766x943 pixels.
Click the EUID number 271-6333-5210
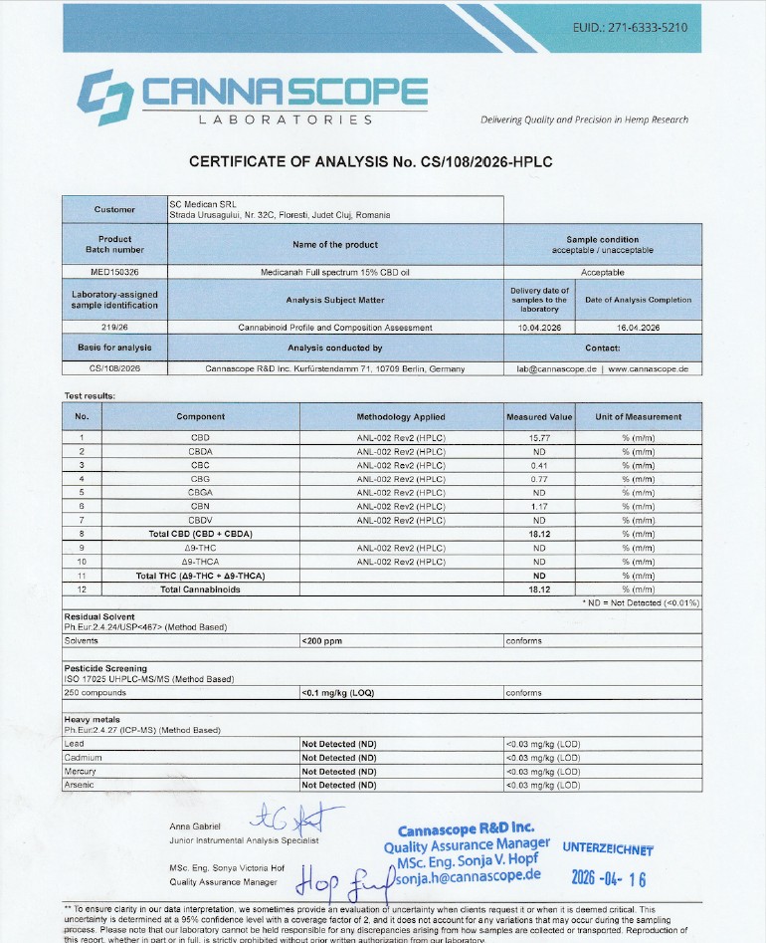tap(631, 28)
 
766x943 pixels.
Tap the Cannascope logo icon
tap(104, 97)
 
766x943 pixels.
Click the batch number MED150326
tap(114, 272)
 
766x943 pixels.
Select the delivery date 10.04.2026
tap(540, 327)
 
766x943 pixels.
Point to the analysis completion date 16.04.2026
tap(638, 327)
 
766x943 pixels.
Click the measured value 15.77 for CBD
tap(539, 437)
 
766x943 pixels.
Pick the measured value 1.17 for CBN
tap(539, 507)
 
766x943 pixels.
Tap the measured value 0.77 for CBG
tap(539, 479)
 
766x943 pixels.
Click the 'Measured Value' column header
tap(539, 416)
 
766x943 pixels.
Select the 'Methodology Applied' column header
tap(401, 416)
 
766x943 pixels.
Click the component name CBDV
tap(200, 521)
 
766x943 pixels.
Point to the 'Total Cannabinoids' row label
tap(200, 589)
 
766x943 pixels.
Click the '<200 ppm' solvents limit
tap(322, 641)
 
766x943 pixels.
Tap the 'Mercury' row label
tap(81, 772)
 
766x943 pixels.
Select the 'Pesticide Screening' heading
tap(105, 668)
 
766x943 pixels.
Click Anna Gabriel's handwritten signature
tap(292, 819)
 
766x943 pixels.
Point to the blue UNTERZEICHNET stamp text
tap(608, 849)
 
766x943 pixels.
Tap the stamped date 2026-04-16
tap(608, 878)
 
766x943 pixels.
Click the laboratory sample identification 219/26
tap(114, 327)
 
